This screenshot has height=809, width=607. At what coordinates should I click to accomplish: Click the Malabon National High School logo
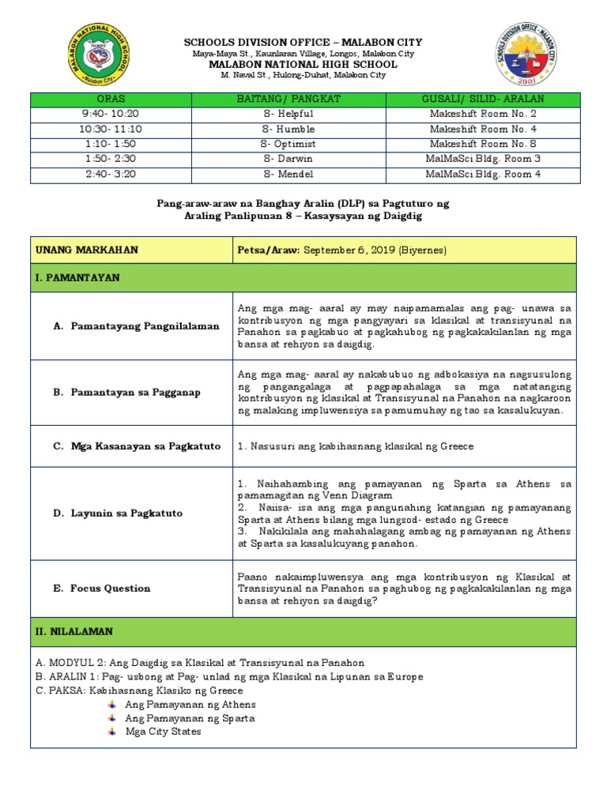[x=103, y=55]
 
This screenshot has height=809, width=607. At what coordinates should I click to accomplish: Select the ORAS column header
[x=110, y=98]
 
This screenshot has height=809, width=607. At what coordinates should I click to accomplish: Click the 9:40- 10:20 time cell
[x=110, y=113]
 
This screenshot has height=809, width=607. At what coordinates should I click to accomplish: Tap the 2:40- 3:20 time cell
[x=110, y=174]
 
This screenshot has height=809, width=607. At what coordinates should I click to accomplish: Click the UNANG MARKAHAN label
[x=87, y=250]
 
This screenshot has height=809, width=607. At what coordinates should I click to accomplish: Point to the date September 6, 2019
[x=369, y=250]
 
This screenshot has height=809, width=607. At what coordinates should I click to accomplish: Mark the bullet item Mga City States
[x=163, y=732]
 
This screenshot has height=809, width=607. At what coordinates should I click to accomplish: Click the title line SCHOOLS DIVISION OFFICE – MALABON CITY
[x=303, y=42]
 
